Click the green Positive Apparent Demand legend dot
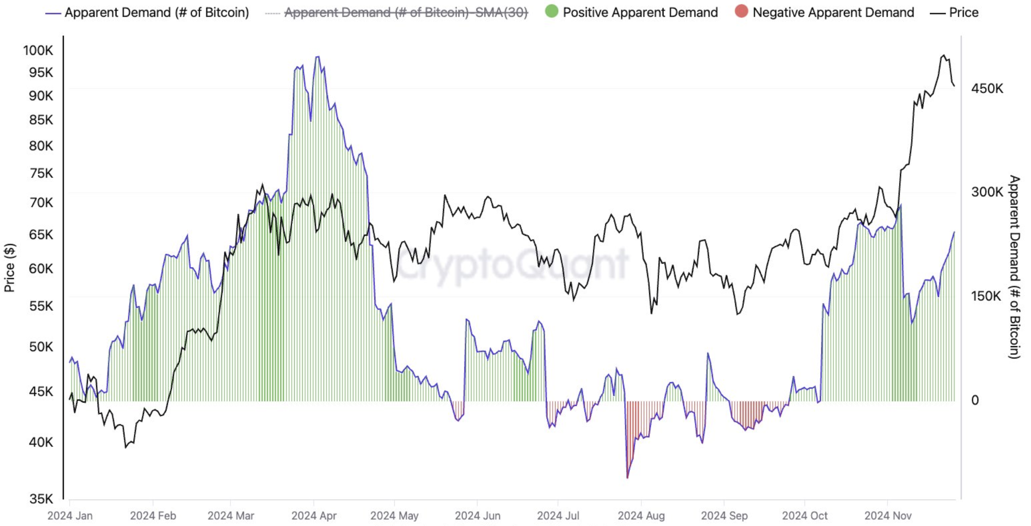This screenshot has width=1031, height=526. [x=552, y=11]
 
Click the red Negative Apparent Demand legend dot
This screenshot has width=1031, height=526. [x=741, y=11]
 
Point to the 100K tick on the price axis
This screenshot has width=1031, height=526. [x=38, y=50]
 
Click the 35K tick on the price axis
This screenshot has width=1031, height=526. [x=41, y=499]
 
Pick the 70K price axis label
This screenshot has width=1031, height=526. [x=41, y=203]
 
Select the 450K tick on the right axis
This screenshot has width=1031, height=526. [x=987, y=89]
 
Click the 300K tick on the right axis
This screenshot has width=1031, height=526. [x=987, y=192]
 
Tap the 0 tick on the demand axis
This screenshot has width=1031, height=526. [x=975, y=400]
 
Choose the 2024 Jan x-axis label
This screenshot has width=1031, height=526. [x=70, y=516]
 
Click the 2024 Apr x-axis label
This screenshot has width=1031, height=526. [x=314, y=516]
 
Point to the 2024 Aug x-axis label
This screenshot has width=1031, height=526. [x=641, y=516]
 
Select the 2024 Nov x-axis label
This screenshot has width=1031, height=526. [x=888, y=516]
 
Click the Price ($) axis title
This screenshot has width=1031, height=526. [x=9, y=267]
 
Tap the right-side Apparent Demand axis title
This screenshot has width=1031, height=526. [x=1014, y=267]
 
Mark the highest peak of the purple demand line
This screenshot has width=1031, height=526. [x=317, y=57]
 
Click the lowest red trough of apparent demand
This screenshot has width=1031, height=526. [x=627, y=478]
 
